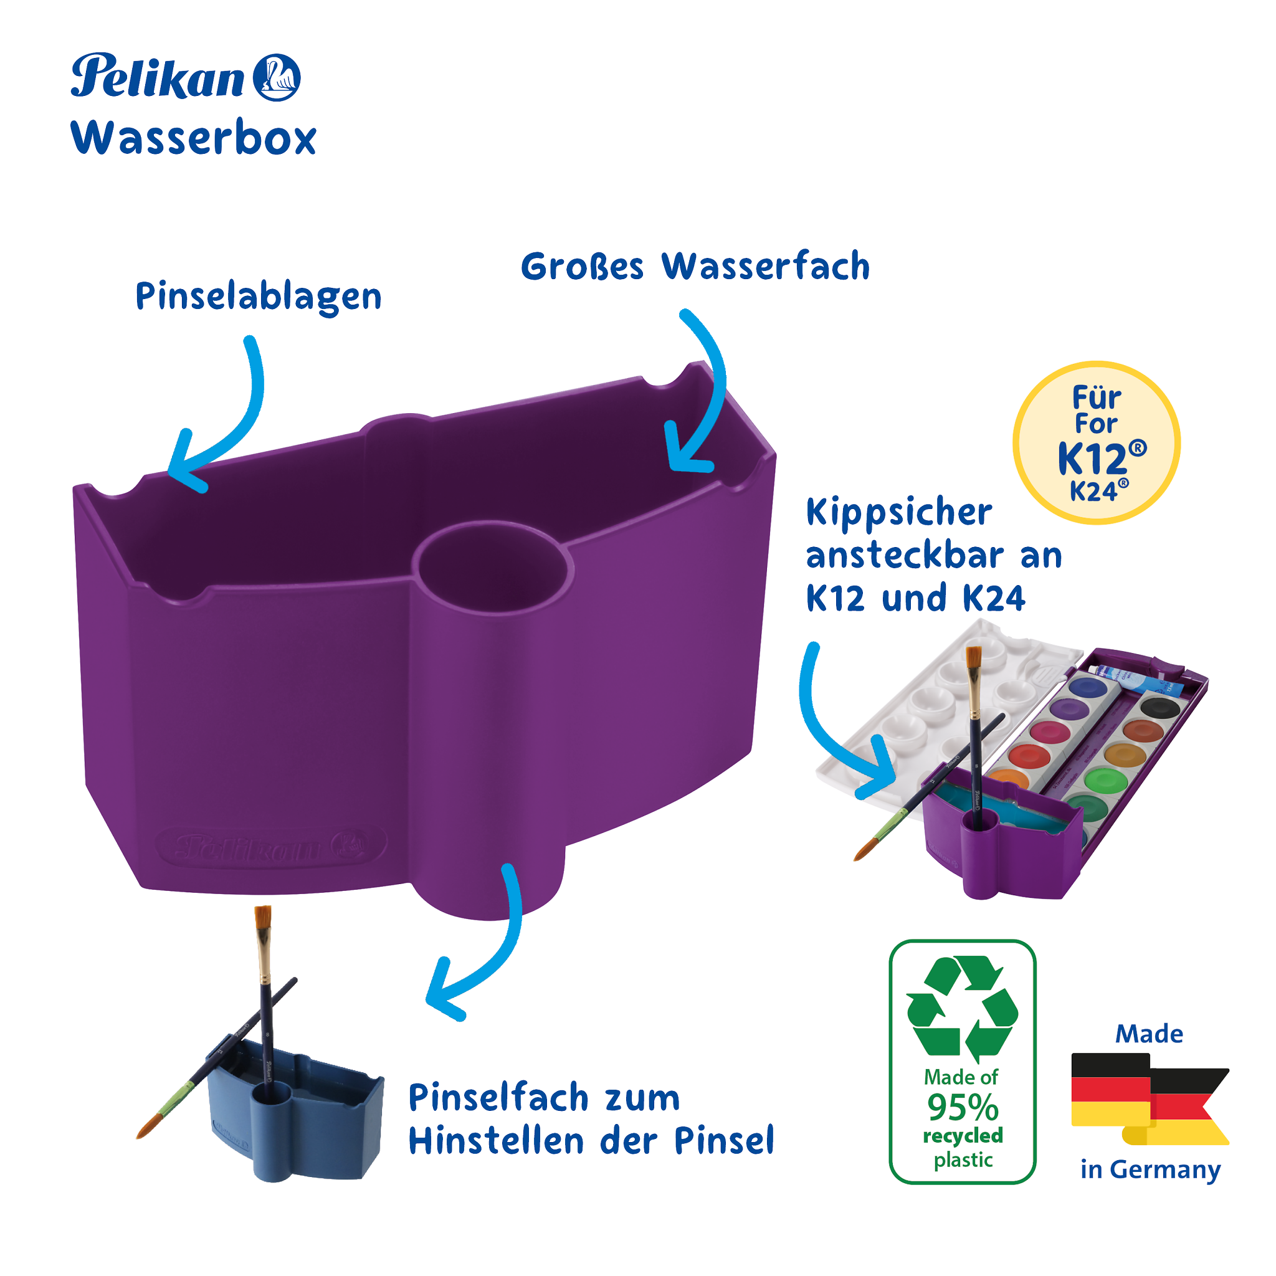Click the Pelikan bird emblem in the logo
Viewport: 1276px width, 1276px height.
click(x=277, y=77)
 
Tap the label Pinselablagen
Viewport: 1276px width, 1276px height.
click(x=258, y=297)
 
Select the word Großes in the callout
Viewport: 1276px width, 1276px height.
click(x=582, y=267)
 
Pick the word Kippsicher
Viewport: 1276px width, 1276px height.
click(x=899, y=513)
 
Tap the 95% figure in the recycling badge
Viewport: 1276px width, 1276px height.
click(x=962, y=1108)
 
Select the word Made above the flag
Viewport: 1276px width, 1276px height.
click(x=1149, y=1034)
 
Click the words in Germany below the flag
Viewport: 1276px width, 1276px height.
click(x=1151, y=1169)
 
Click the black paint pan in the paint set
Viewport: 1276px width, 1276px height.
click(x=1160, y=707)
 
